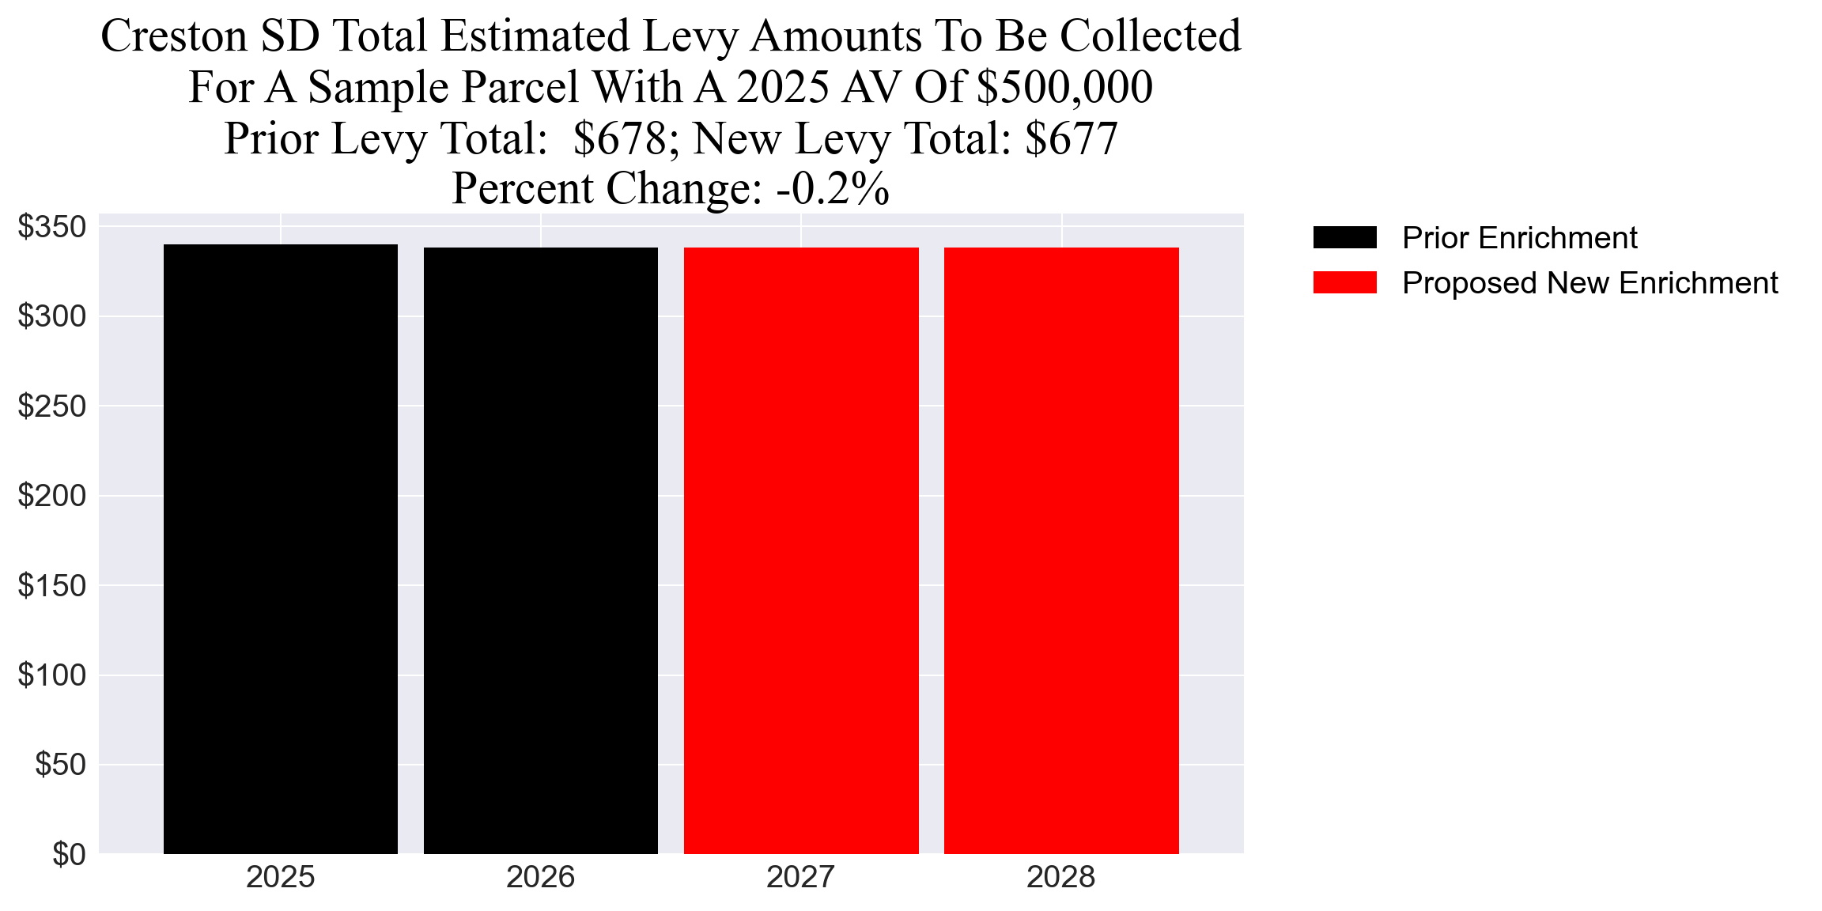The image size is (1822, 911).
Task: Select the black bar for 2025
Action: point(280,549)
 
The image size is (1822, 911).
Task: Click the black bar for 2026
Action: point(540,550)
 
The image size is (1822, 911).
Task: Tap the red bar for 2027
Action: point(801,550)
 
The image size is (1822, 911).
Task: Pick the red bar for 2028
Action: point(1061,550)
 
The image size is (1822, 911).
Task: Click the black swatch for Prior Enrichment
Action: point(1344,237)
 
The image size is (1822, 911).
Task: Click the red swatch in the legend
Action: point(1344,282)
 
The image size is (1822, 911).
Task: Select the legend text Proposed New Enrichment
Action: point(1590,283)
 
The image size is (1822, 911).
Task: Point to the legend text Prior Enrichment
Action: point(1519,238)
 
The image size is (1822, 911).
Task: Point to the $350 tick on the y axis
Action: point(52,227)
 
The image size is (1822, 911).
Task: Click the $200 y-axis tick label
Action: point(52,496)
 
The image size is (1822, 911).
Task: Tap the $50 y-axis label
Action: point(60,765)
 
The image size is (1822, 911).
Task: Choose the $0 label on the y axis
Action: point(69,855)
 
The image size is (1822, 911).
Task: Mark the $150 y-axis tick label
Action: point(52,586)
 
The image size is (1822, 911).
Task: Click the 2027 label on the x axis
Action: point(800,878)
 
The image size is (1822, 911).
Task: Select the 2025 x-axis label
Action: point(280,878)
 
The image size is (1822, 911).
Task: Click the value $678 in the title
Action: point(620,138)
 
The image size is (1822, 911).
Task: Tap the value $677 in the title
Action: point(1071,138)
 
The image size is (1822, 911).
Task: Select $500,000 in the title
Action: point(1064,87)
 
